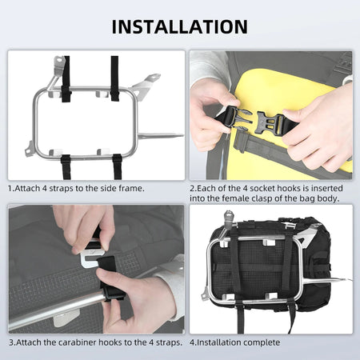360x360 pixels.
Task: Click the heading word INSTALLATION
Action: pyautogui.click(x=180, y=26)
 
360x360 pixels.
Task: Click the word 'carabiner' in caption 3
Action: pyautogui.click(x=67, y=342)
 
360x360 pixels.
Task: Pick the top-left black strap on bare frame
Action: pyautogui.click(x=66, y=80)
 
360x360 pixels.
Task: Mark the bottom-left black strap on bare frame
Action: pyautogui.click(x=67, y=164)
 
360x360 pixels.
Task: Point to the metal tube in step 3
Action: pyautogui.click(x=48, y=308)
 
